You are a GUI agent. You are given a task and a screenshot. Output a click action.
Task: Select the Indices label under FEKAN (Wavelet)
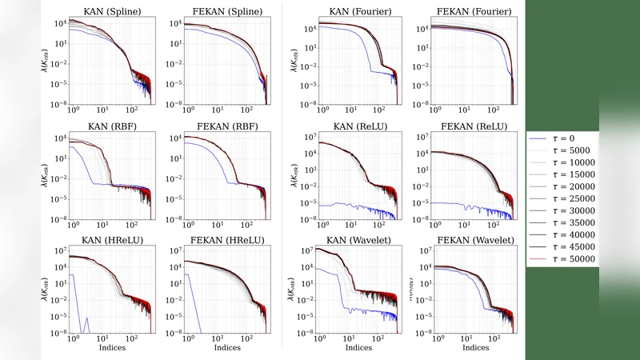tap(463, 349)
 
